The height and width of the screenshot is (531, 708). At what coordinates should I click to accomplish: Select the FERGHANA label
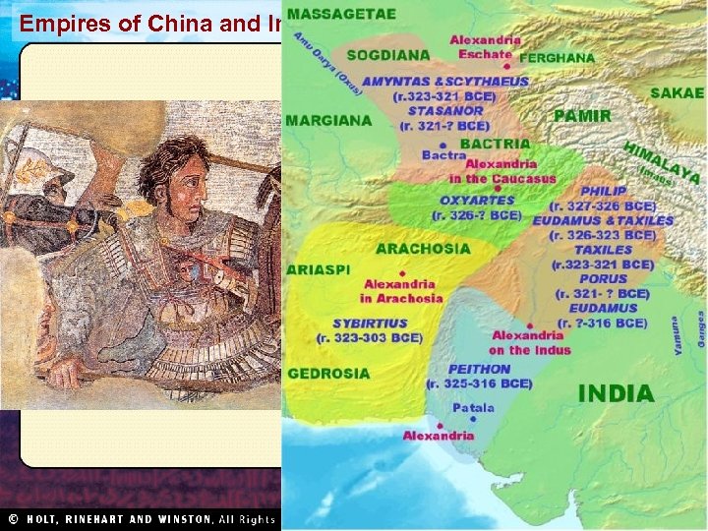pyautogui.click(x=558, y=58)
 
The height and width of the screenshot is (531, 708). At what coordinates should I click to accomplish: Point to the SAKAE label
pyautogui.click(x=677, y=93)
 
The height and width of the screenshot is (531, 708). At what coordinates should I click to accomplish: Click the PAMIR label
pyautogui.click(x=582, y=116)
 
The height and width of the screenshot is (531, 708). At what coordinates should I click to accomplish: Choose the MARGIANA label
pyautogui.click(x=328, y=121)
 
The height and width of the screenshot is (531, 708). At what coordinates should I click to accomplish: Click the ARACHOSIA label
pyautogui.click(x=424, y=248)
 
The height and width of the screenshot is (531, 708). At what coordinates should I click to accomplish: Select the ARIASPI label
pyautogui.click(x=318, y=268)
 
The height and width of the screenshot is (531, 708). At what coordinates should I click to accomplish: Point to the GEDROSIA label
pyautogui.click(x=328, y=374)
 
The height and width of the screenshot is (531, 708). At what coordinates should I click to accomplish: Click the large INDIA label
pyautogui.click(x=616, y=394)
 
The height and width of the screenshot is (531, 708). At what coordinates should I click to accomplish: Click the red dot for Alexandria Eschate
pyautogui.click(x=507, y=65)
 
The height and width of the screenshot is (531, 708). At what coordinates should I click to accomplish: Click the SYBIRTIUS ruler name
pyautogui.click(x=370, y=323)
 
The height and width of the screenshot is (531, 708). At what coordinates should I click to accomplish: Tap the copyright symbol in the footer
pyautogui.click(x=14, y=519)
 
